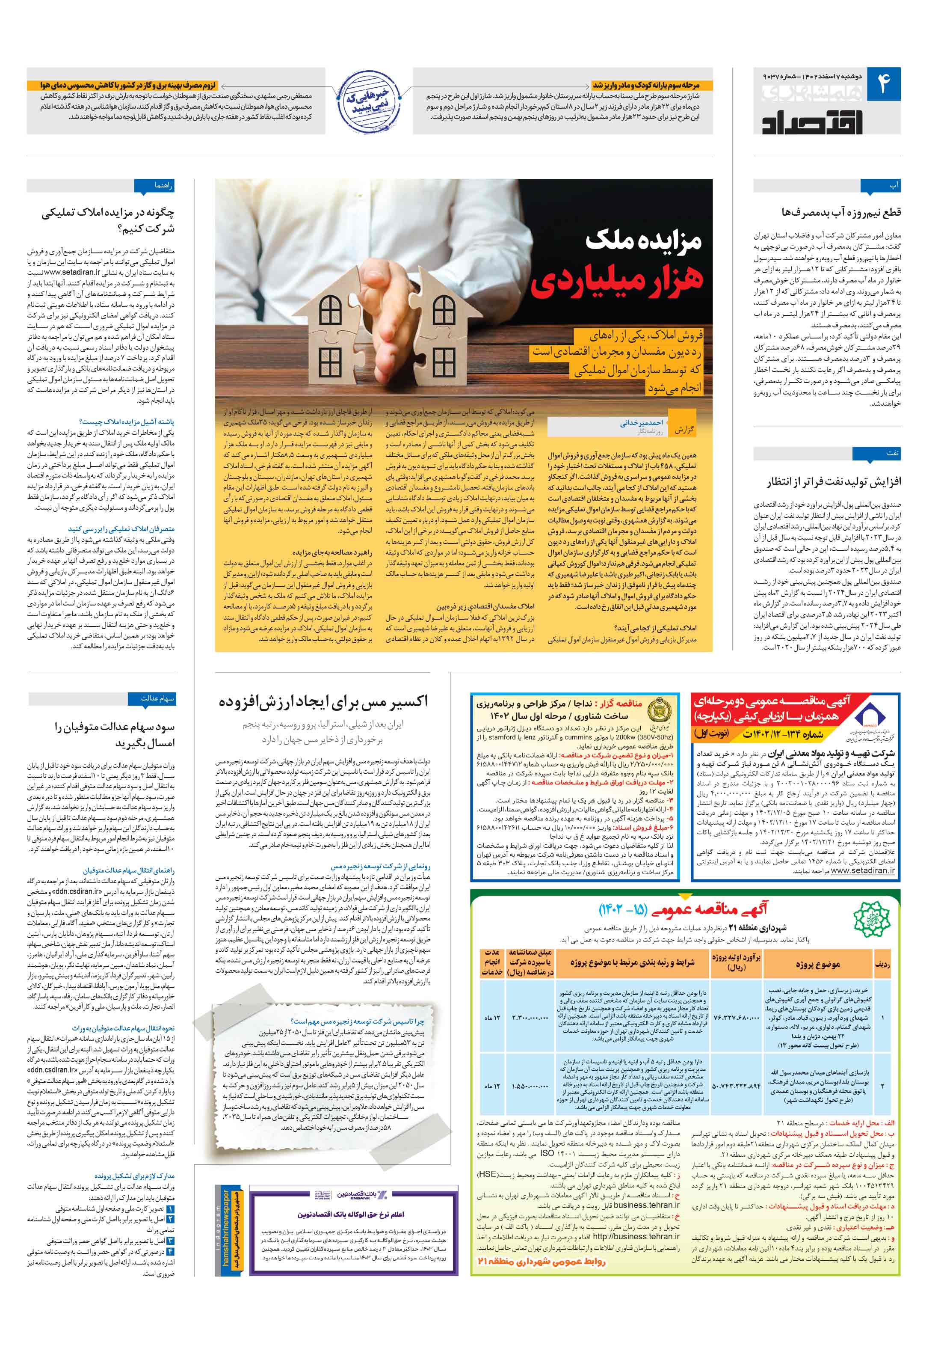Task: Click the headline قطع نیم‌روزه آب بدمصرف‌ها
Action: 841,212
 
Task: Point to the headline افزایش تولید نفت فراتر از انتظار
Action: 834,481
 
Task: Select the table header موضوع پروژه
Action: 818,964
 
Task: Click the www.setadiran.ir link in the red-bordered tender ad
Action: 863,870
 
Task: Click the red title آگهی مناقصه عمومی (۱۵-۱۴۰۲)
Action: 682,910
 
